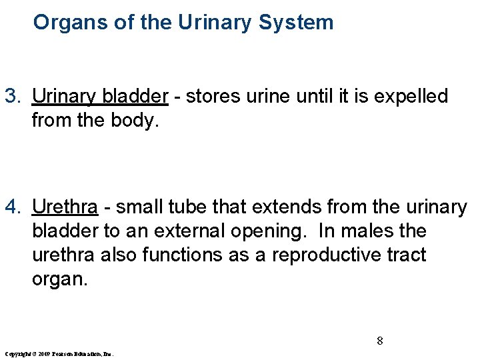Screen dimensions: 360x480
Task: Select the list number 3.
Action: tap(13, 97)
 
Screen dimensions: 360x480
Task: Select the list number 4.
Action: tap(13, 207)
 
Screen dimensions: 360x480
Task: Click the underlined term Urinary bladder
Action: tap(100, 97)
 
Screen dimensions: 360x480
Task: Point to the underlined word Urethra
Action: tap(65, 207)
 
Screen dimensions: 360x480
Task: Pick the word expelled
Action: tap(411, 97)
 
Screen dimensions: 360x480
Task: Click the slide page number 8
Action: tap(379, 341)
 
